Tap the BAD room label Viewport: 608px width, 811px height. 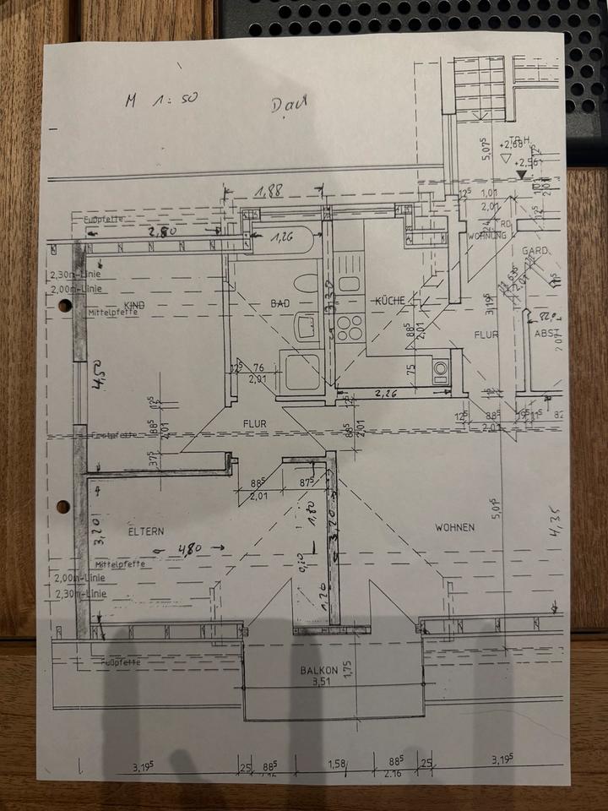click(280, 302)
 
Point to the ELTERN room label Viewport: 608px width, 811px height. click(146, 531)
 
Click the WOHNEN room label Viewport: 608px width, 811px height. click(454, 527)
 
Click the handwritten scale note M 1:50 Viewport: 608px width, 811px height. click(160, 99)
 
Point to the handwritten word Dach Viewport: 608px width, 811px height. click(290, 105)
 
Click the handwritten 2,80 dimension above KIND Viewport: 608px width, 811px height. click(164, 231)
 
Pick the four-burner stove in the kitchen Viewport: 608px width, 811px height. click(350, 327)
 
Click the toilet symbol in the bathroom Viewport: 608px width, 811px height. click(307, 283)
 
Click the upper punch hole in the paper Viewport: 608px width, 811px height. click(64, 306)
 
